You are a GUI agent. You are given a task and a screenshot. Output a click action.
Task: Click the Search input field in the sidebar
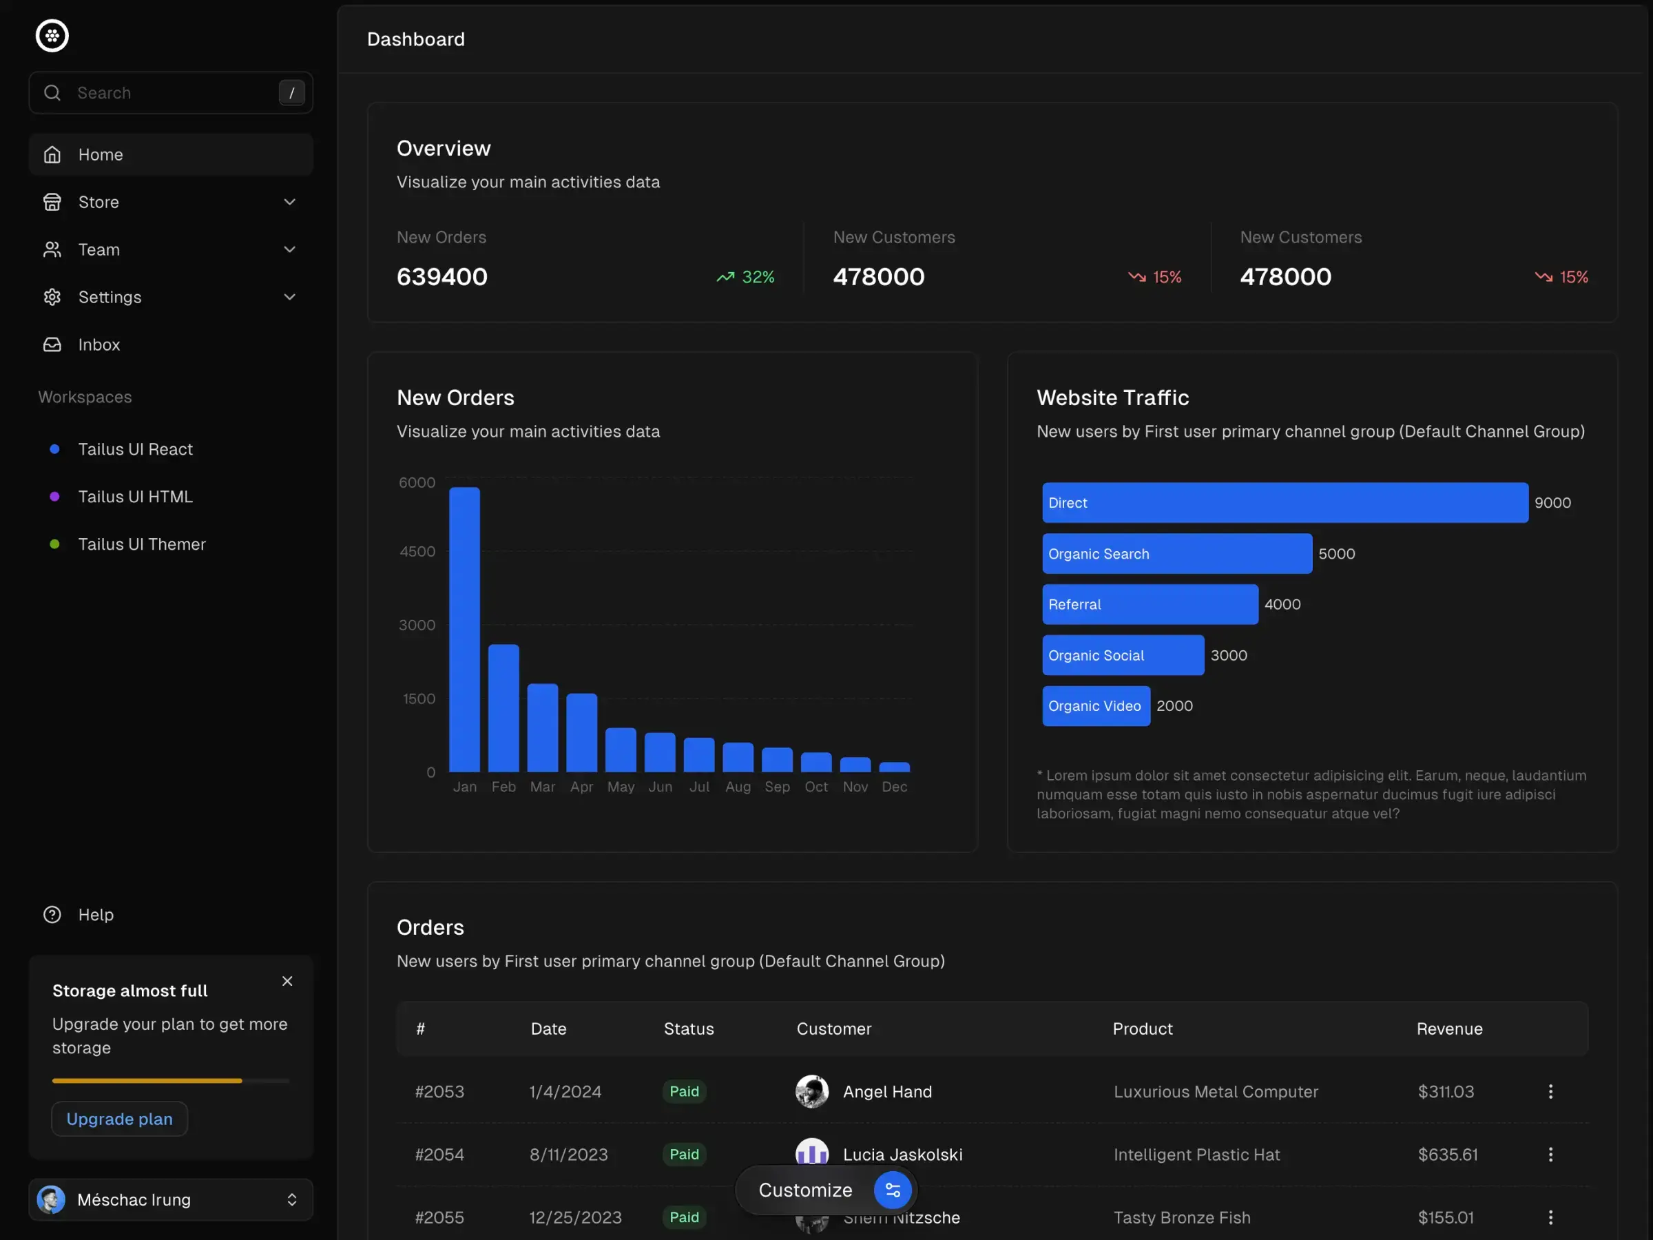coord(172,93)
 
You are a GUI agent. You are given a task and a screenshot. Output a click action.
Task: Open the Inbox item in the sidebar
coord(98,344)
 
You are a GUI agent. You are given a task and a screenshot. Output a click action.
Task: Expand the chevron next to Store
coord(290,202)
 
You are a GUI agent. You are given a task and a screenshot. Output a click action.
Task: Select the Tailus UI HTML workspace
coord(134,496)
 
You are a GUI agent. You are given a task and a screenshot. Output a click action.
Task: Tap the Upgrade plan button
coord(120,1118)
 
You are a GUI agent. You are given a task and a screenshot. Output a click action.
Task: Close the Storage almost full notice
coord(287,981)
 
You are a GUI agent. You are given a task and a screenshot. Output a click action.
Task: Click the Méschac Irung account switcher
coord(170,1199)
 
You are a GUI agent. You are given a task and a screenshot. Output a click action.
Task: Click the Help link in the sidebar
coord(96,914)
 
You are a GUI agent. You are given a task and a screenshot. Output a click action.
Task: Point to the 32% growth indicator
coord(745,278)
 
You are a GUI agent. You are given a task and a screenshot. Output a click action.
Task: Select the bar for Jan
coord(464,630)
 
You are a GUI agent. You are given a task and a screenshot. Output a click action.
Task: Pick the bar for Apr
coord(581,732)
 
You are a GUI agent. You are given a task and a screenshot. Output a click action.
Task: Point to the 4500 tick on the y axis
coord(417,552)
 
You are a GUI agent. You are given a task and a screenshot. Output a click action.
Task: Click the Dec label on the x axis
coord(894,786)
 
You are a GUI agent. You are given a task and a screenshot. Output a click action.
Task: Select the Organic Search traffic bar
coord(1176,554)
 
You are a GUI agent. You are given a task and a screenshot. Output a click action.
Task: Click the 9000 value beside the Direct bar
coord(1552,503)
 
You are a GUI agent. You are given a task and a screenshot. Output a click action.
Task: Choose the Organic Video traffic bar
coord(1096,705)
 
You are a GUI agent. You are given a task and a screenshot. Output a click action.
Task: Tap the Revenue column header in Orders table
coord(1449,1029)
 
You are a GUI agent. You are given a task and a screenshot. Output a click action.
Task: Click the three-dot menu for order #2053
coord(1550,1091)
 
